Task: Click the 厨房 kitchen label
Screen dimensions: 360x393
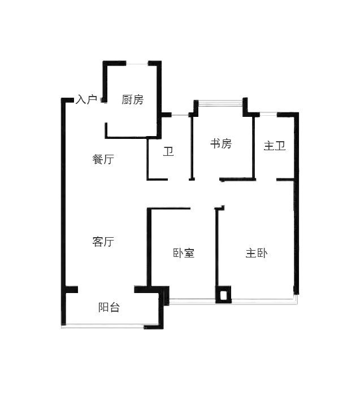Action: (x=132, y=99)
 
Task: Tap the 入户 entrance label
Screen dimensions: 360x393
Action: (x=86, y=99)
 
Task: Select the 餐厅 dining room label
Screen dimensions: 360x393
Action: (x=103, y=159)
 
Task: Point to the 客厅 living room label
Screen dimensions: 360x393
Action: (x=103, y=242)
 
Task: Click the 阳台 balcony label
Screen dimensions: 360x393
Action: (x=109, y=307)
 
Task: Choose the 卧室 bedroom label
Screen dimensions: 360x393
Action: (x=184, y=253)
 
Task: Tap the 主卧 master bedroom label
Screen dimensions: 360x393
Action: (x=257, y=253)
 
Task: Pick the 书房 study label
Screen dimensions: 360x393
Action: (x=221, y=143)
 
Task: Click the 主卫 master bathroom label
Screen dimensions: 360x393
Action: (x=275, y=146)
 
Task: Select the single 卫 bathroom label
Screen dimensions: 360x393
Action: (x=168, y=152)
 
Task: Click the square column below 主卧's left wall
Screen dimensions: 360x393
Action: (x=223, y=294)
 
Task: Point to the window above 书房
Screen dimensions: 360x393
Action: (x=220, y=103)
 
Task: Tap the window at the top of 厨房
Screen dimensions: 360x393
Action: (x=137, y=64)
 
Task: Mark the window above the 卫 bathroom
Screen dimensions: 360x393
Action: (x=180, y=115)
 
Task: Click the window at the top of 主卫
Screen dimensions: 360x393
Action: (x=268, y=114)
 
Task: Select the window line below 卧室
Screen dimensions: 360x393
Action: (x=192, y=301)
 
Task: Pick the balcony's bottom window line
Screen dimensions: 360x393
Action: (x=103, y=326)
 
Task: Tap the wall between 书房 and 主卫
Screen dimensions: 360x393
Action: (x=254, y=147)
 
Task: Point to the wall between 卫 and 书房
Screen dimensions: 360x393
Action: (x=192, y=147)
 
